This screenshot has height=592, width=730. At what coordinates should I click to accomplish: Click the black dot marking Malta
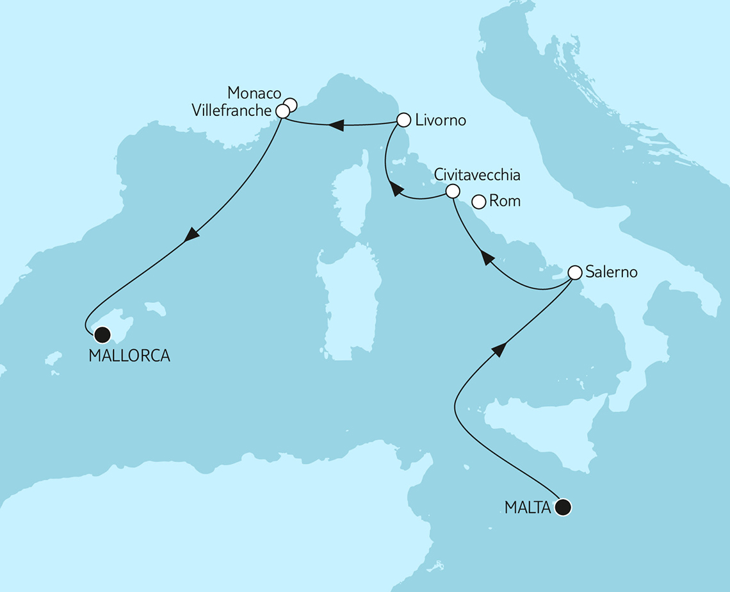coord(563,507)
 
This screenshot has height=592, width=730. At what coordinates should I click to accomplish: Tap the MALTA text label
coord(528,508)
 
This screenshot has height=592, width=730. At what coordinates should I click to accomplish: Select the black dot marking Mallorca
coord(101,334)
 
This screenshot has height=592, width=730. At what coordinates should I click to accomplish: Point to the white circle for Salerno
coord(574,272)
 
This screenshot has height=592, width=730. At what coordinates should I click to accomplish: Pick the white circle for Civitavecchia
coord(452,191)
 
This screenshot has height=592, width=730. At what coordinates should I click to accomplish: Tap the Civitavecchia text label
coord(477,174)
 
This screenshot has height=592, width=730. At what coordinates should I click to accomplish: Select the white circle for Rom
coord(478,202)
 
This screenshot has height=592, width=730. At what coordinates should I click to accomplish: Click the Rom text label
coord(505,202)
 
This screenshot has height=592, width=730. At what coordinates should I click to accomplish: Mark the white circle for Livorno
coord(403,120)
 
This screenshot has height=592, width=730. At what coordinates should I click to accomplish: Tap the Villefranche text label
coord(231,111)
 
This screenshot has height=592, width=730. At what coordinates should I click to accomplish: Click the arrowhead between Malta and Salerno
coord(499,349)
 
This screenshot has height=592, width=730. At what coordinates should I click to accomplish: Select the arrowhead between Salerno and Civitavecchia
coord(487,258)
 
